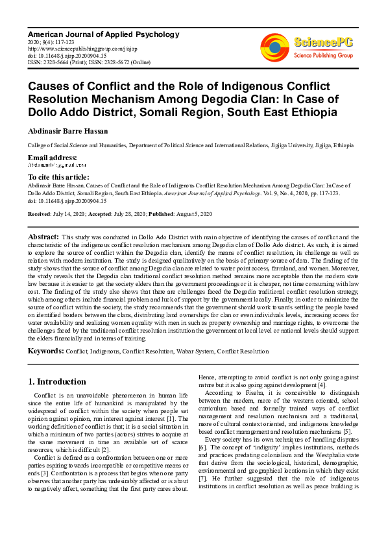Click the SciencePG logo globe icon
pyautogui.click(x=274, y=46)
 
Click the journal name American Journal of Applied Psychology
pyautogui.click(x=103, y=34)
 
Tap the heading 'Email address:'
pyautogui.click(x=52, y=158)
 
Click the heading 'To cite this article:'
pyautogui.click(x=59, y=176)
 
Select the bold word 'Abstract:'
pyautogui.click(x=43, y=238)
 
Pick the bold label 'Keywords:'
pyautogui.click(x=45, y=351)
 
